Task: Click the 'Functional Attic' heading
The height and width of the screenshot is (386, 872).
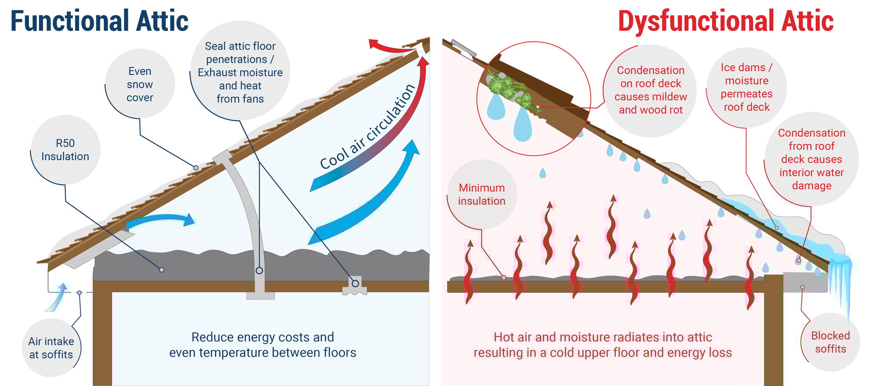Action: click(x=99, y=21)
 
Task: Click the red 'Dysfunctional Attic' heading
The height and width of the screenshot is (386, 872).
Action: click(x=725, y=21)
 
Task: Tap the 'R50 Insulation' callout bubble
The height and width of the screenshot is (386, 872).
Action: click(x=65, y=150)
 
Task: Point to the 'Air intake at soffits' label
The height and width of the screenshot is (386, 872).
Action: click(x=51, y=348)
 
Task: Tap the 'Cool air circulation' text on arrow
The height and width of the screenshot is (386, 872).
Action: click(x=368, y=127)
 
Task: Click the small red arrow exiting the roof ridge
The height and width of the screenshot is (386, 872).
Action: click(x=387, y=47)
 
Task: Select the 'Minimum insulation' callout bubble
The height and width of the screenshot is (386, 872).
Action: click(x=481, y=194)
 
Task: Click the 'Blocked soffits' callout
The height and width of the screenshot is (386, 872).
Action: click(x=830, y=342)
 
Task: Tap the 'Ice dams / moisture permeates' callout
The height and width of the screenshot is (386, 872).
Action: click(x=746, y=87)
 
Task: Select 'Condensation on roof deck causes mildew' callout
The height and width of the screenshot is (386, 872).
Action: click(x=650, y=90)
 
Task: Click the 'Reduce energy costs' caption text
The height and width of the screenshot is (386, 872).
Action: click(x=263, y=345)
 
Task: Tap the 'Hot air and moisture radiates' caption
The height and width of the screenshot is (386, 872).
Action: click(x=602, y=345)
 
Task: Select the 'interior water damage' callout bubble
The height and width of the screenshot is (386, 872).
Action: click(x=811, y=159)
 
